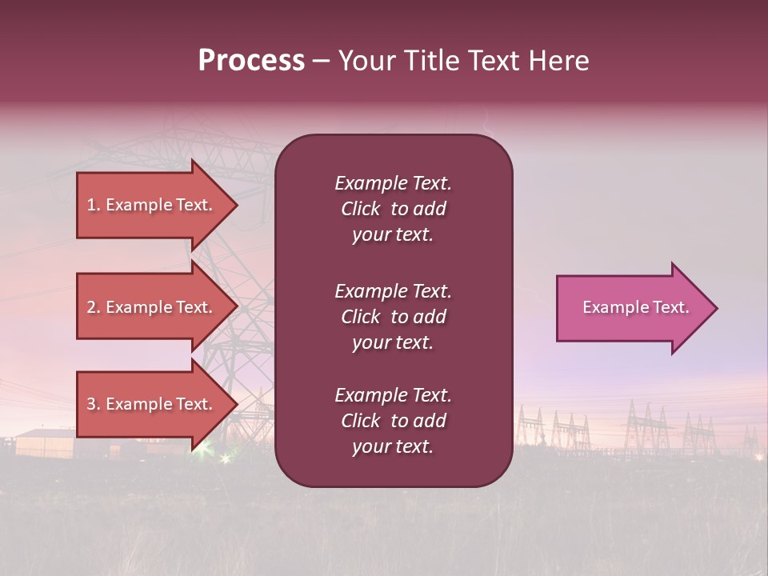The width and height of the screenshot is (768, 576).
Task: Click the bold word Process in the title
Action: coord(251,61)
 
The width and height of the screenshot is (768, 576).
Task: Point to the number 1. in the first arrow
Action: coord(93,205)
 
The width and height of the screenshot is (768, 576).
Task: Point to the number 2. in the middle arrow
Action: coord(93,307)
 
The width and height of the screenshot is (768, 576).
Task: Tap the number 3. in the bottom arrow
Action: coord(93,404)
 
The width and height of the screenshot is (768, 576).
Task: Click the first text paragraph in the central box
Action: coord(393,209)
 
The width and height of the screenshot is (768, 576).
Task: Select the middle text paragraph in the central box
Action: coord(393,317)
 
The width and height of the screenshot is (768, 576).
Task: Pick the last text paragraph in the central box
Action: coord(393,421)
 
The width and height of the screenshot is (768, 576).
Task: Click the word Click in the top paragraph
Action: coord(360,209)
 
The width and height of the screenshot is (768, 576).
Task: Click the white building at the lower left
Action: coord(45,442)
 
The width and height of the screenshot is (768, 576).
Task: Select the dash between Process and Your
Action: coord(322,61)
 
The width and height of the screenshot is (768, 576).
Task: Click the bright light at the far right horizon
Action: coord(758,457)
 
